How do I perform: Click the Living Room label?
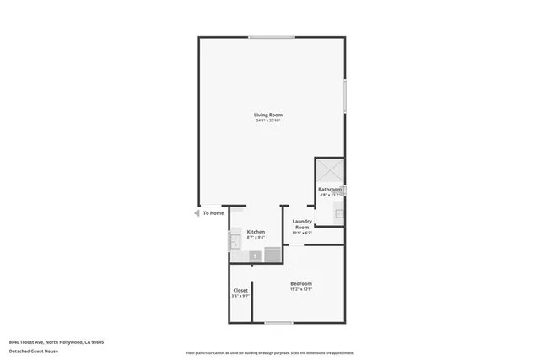coord(268,115)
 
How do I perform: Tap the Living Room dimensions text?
coord(268,121)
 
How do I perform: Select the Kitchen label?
coord(256,232)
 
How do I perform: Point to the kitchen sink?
coord(235,243)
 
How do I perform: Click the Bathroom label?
coord(330,190)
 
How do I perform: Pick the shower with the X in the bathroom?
coord(330,169)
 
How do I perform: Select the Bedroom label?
coord(301,283)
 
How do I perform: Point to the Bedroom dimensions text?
coord(301,289)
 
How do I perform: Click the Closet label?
coord(241,290)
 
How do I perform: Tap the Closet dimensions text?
coord(241,296)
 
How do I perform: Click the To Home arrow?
coord(197,213)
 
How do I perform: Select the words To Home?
coord(213,213)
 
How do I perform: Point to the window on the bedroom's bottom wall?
coord(279,323)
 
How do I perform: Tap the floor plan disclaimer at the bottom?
coord(270,352)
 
